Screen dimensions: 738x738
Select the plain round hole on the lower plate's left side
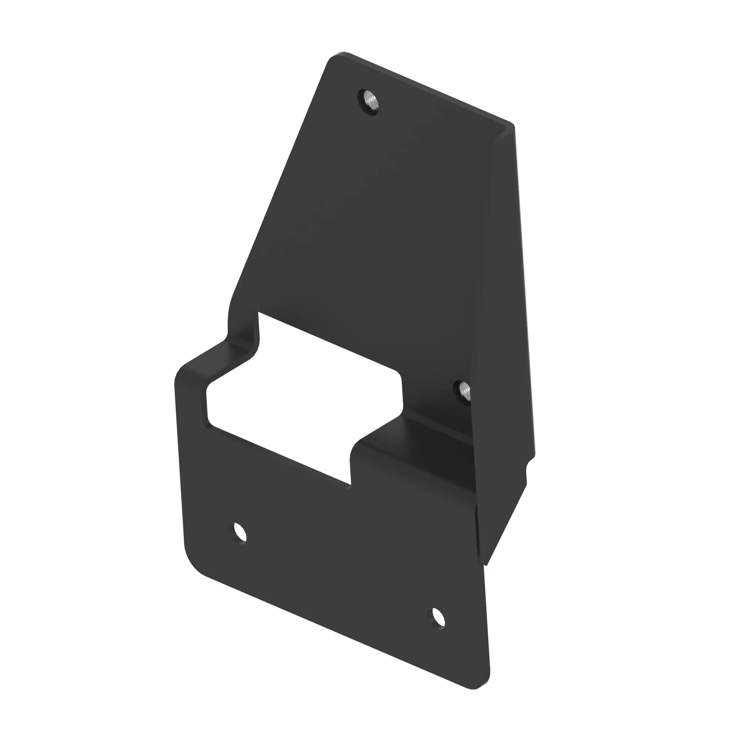coord(240,532)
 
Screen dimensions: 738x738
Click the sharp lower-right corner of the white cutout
coord(350,484)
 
